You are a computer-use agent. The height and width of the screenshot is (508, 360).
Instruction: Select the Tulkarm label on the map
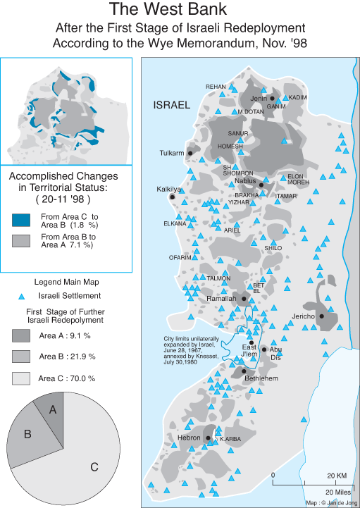click(171, 153)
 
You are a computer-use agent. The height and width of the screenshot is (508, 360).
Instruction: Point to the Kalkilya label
click(169, 190)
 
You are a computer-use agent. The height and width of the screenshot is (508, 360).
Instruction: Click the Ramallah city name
click(223, 299)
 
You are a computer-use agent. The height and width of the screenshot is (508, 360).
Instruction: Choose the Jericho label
click(304, 316)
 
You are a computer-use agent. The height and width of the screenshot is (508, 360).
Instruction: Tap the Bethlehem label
click(261, 378)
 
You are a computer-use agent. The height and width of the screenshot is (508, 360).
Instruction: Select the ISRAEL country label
click(172, 106)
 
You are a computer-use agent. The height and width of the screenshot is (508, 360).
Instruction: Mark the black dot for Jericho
click(322, 316)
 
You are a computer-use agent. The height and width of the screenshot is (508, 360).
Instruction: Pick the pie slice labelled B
click(27, 434)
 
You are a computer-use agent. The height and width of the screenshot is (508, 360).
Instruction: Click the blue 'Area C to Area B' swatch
click(22, 219)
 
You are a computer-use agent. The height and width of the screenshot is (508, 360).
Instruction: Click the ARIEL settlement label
click(232, 230)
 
